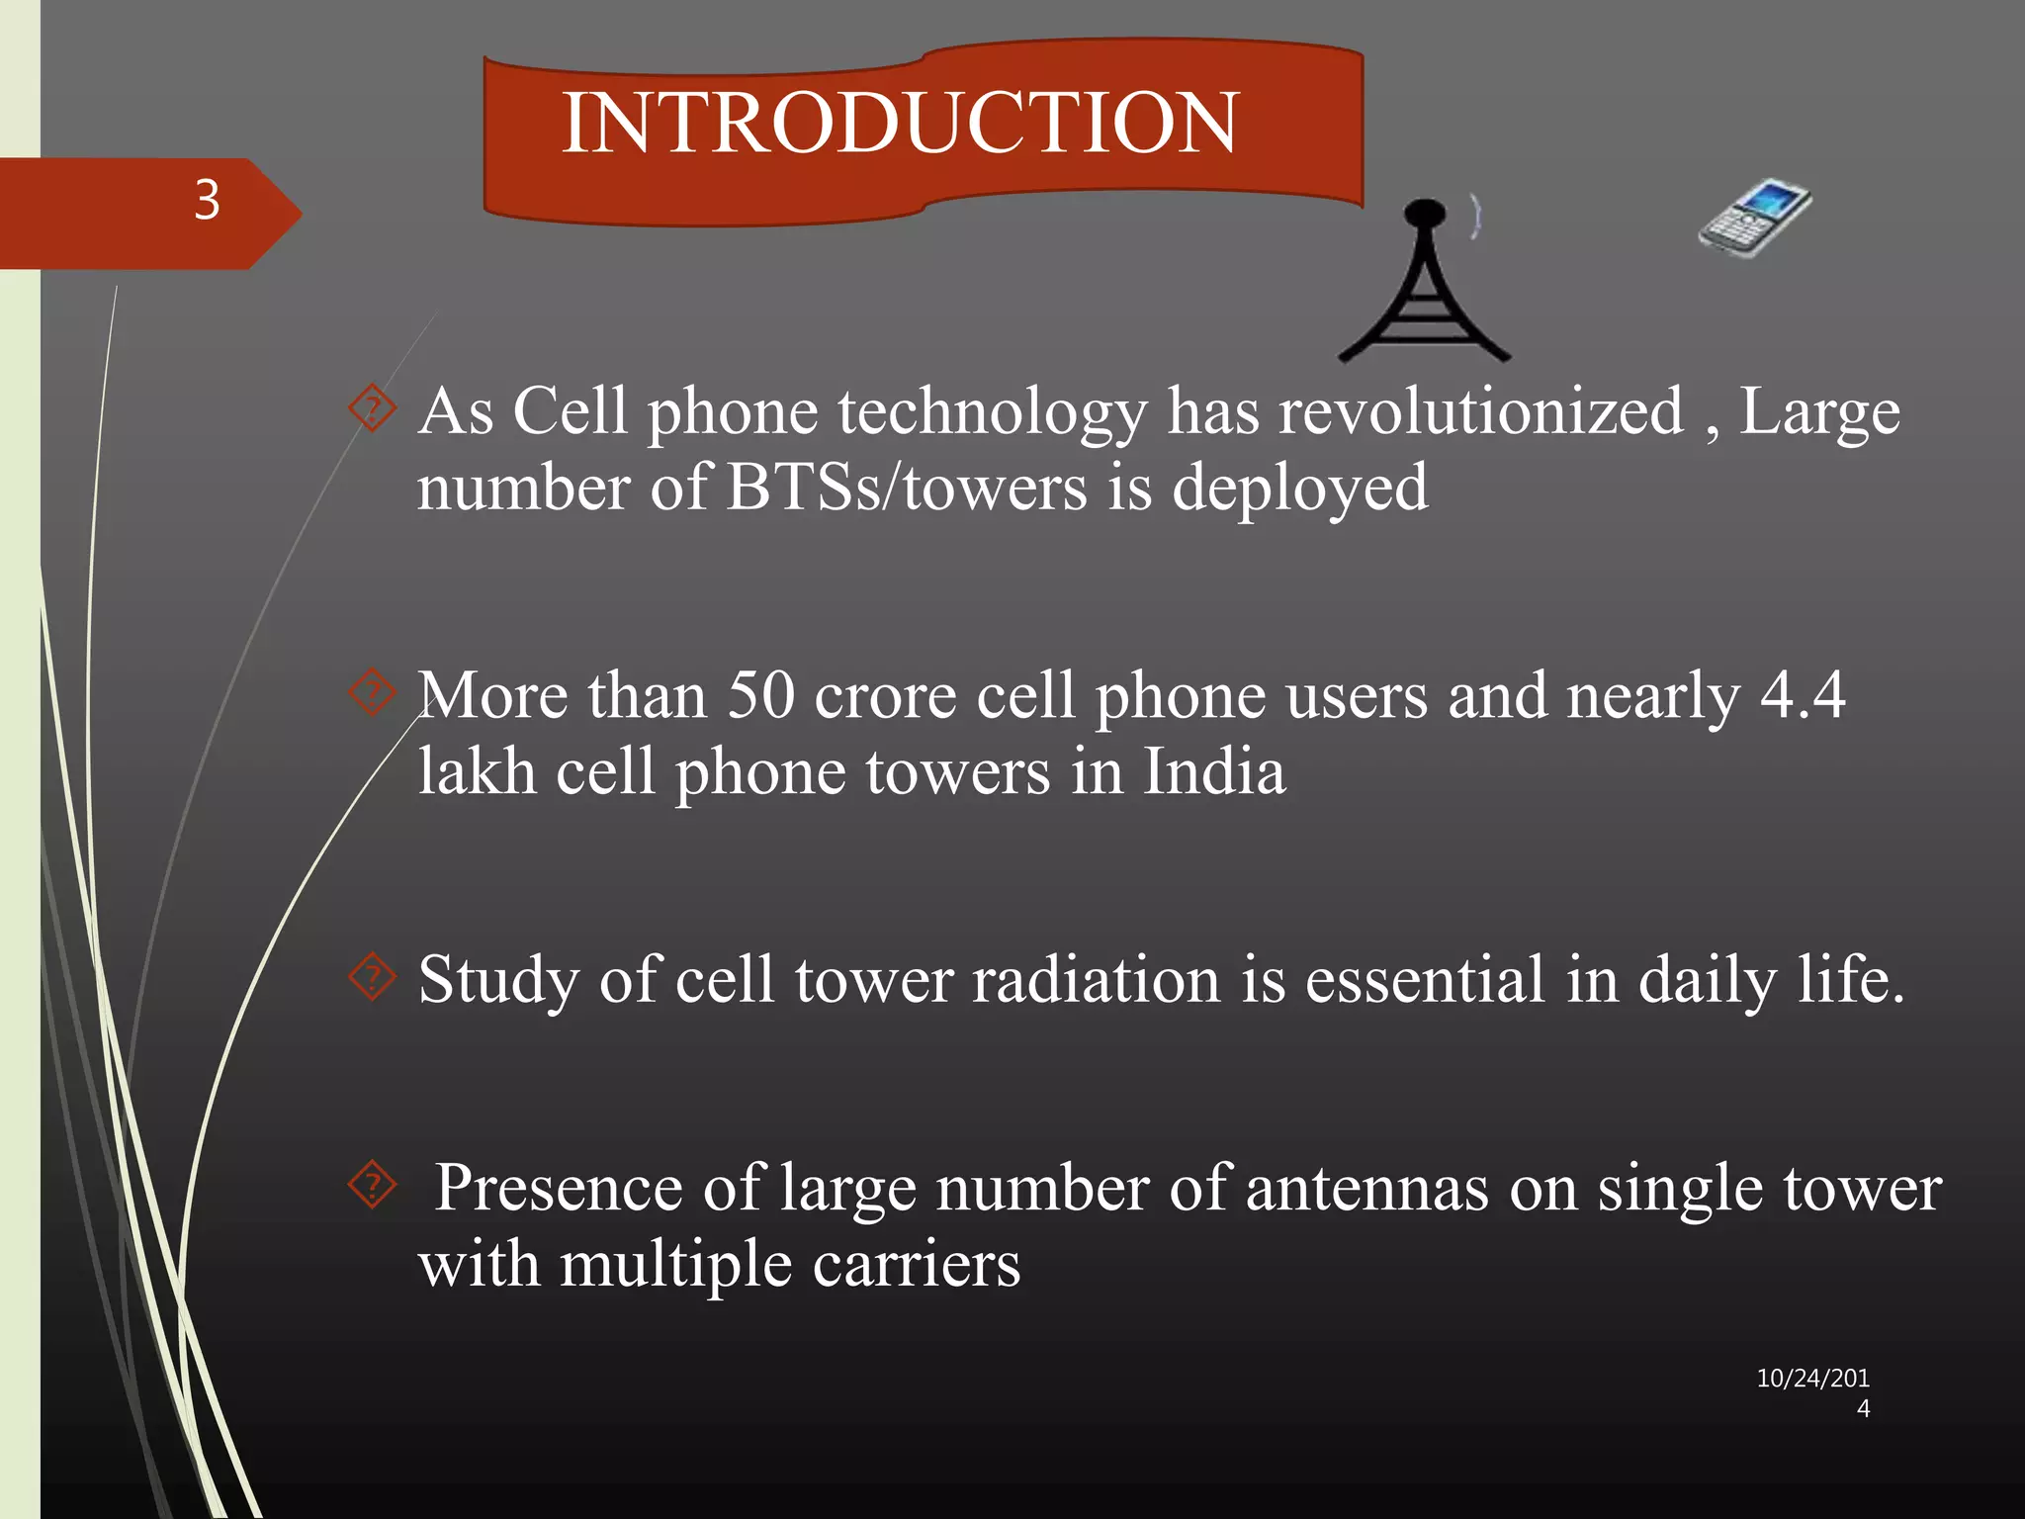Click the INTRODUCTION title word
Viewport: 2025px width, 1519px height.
point(899,123)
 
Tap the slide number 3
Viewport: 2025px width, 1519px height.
point(207,201)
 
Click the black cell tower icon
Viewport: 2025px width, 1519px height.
point(1424,292)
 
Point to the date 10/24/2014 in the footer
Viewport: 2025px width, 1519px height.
point(1812,1391)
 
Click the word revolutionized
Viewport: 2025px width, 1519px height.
point(1480,411)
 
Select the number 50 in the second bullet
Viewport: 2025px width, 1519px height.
point(760,695)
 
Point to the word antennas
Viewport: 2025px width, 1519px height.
point(1366,1188)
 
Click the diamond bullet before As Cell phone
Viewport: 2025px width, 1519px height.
point(373,408)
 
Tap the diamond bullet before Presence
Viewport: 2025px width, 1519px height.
point(373,1185)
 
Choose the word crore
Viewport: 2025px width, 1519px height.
point(885,695)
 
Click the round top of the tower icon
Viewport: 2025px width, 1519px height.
point(1425,214)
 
